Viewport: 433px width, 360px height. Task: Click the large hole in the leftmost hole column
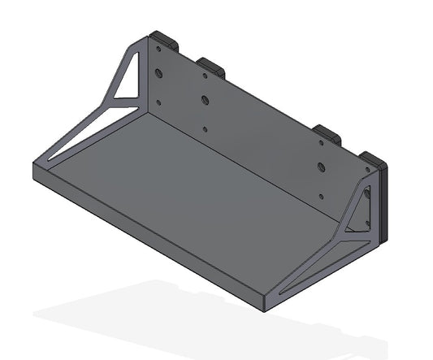[x=159, y=74]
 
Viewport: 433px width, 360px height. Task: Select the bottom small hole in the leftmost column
[x=158, y=103]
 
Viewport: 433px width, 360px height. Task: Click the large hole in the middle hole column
[x=206, y=101]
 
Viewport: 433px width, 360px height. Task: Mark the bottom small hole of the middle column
[x=205, y=128]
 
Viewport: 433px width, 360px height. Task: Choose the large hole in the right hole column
[x=323, y=168]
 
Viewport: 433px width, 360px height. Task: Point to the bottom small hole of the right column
[x=322, y=195]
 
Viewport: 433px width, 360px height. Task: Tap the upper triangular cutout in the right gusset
[x=360, y=213]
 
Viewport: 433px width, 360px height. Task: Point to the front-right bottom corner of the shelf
[x=269, y=310]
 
